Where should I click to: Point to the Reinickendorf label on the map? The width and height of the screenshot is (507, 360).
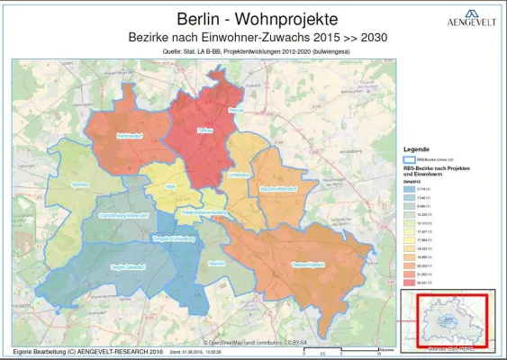131,137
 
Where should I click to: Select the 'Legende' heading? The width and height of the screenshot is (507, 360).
416,148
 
